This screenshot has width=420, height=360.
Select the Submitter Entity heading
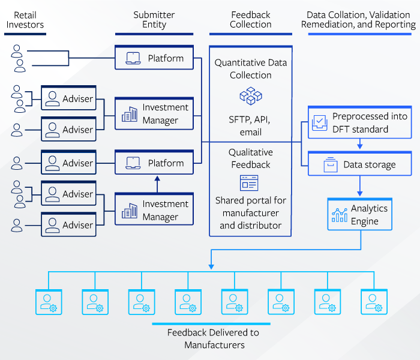(x=154, y=19)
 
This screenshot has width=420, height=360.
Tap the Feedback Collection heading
(x=251, y=19)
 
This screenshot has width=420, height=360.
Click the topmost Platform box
(x=154, y=59)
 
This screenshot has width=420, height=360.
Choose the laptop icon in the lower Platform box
(x=133, y=163)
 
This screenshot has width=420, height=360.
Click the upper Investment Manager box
(x=154, y=114)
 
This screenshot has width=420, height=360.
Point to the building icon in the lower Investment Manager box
(x=129, y=211)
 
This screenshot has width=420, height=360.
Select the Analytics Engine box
(x=361, y=215)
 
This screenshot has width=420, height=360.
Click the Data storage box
(x=361, y=164)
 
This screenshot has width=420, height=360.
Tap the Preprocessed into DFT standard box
(x=361, y=123)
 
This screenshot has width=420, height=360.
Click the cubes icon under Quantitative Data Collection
(x=251, y=96)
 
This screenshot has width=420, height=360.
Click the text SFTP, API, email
(x=251, y=125)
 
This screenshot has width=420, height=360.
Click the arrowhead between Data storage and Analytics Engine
(x=359, y=193)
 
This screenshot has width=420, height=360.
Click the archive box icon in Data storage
(x=329, y=164)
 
